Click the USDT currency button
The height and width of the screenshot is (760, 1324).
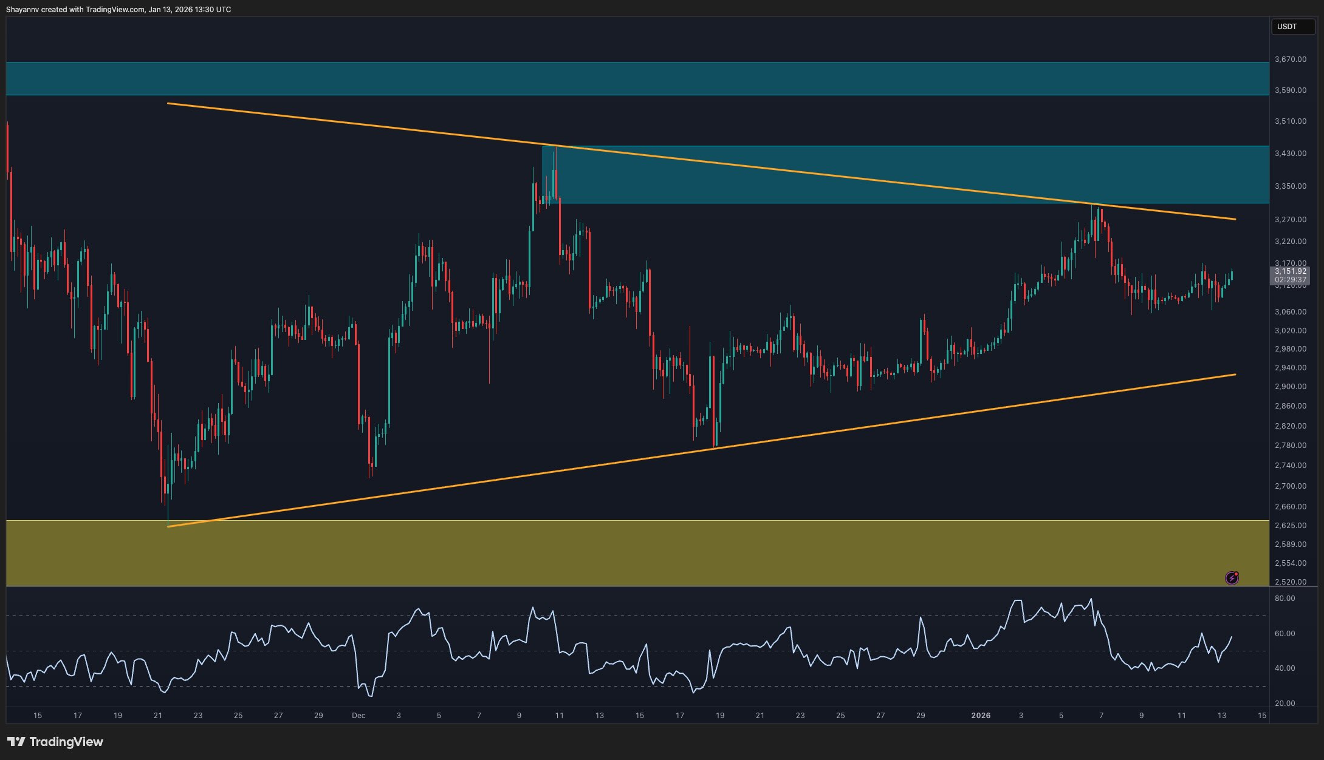[x=1287, y=27]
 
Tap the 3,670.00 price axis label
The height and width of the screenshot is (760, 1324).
[x=1290, y=59]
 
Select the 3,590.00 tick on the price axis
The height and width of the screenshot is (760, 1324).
[x=1290, y=90]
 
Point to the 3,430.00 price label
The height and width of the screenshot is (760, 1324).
[x=1290, y=154]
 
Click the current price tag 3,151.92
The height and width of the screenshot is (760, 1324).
[x=1290, y=271]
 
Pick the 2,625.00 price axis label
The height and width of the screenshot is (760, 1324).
[x=1290, y=526]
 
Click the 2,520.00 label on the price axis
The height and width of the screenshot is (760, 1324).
[x=1290, y=582]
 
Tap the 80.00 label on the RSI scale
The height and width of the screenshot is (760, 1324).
[x=1285, y=599]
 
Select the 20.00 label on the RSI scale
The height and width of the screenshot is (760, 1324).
[x=1285, y=704]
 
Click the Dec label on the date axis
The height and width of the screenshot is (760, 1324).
[x=358, y=716]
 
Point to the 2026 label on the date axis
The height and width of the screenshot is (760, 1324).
[x=981, y=716]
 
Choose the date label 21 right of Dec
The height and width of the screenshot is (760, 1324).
[x=760, y=716]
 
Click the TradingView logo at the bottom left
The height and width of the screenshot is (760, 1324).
[x=55, y=742]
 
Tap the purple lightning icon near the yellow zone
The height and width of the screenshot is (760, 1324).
[x=1232, y=578]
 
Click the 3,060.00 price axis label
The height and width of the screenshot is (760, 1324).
[x=1290, y=312]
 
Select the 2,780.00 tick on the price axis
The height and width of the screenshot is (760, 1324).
[x=1290, y=446]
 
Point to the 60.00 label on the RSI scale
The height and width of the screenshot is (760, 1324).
[x=1285, y=634]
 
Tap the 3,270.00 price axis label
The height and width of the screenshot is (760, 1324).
[x=1290, y=220]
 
